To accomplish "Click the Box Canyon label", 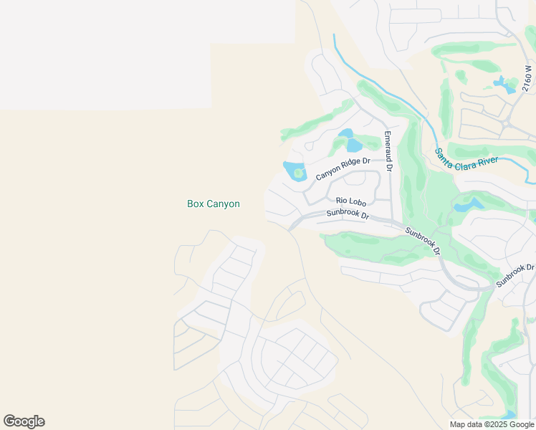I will pos(214,204).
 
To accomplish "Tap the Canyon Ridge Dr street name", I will pos(343,169).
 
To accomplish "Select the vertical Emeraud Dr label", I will pos(388,150).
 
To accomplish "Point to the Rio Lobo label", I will pos(351,202).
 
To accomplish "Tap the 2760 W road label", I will pos(528,78).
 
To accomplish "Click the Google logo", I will pos(24,421).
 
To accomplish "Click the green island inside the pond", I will pos(298,173).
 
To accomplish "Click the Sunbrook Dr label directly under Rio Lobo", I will pos(348,214).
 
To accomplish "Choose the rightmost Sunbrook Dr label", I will pos(515,276).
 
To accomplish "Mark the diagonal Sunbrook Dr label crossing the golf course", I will pos(422,242).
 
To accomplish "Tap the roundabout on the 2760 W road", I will pos(507,123).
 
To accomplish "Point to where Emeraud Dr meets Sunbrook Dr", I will pos(391,219).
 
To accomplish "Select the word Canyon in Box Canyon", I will pos(224,204).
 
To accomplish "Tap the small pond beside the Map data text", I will pos(509,415).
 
